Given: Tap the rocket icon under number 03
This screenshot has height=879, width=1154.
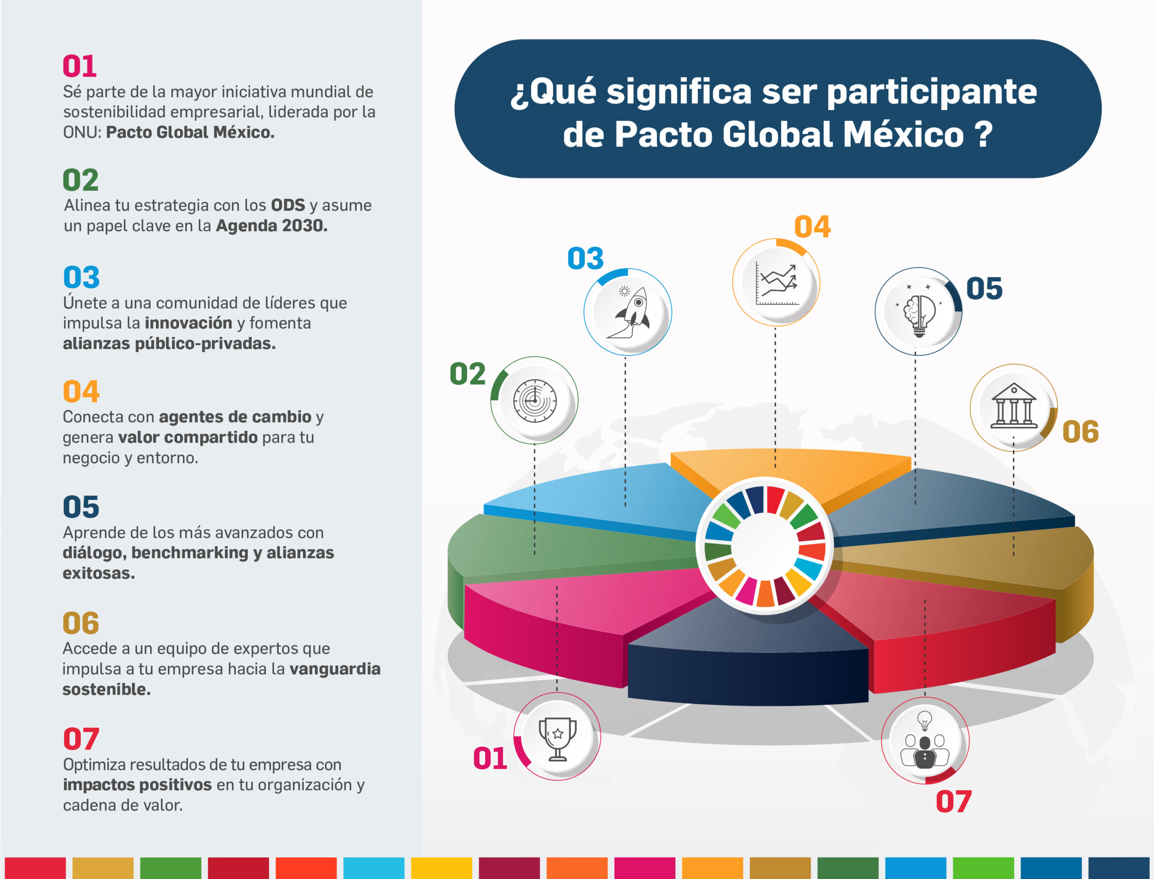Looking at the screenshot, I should [629, 313].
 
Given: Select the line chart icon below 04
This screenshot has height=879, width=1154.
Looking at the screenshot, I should [777, 284].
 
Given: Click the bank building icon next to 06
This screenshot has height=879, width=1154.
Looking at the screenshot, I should [1014, 407].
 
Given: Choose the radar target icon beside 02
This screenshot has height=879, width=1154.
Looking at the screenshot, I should [535, 401].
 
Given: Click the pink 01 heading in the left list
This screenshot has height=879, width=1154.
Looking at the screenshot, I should [79, 66].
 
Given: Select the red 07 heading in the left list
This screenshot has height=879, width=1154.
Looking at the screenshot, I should [81, 739].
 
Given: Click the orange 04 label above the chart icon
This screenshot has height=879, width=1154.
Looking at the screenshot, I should [812, 227].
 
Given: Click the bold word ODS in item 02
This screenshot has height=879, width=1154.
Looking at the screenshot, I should [288, 205].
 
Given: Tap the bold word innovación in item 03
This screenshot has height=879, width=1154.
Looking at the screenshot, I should [188, 323].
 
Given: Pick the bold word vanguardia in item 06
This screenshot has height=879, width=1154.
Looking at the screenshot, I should [335, 668].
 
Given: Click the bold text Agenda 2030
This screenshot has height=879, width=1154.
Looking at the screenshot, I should [271, 225].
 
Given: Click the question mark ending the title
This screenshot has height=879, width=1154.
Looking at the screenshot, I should [984, 134].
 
